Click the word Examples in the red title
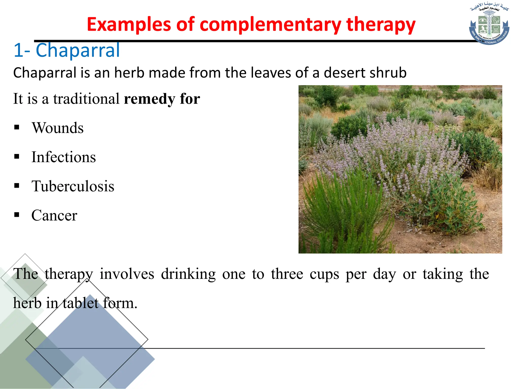pos(129,25)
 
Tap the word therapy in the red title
pos(381,25)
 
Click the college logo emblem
pos(489,25)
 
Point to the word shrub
pos(388,73)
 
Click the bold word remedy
pos(149,99)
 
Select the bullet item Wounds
pos(58,128)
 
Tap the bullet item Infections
pos(64,157)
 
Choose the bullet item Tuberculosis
pos(73,186)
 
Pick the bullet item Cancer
pos(54,216)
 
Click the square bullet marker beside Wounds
pos(17,127)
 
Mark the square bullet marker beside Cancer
pos(17,215)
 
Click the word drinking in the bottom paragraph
pos(188,274)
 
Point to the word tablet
pos(80,303)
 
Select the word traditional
pos(86,99)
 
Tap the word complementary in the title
pos(270,25)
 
